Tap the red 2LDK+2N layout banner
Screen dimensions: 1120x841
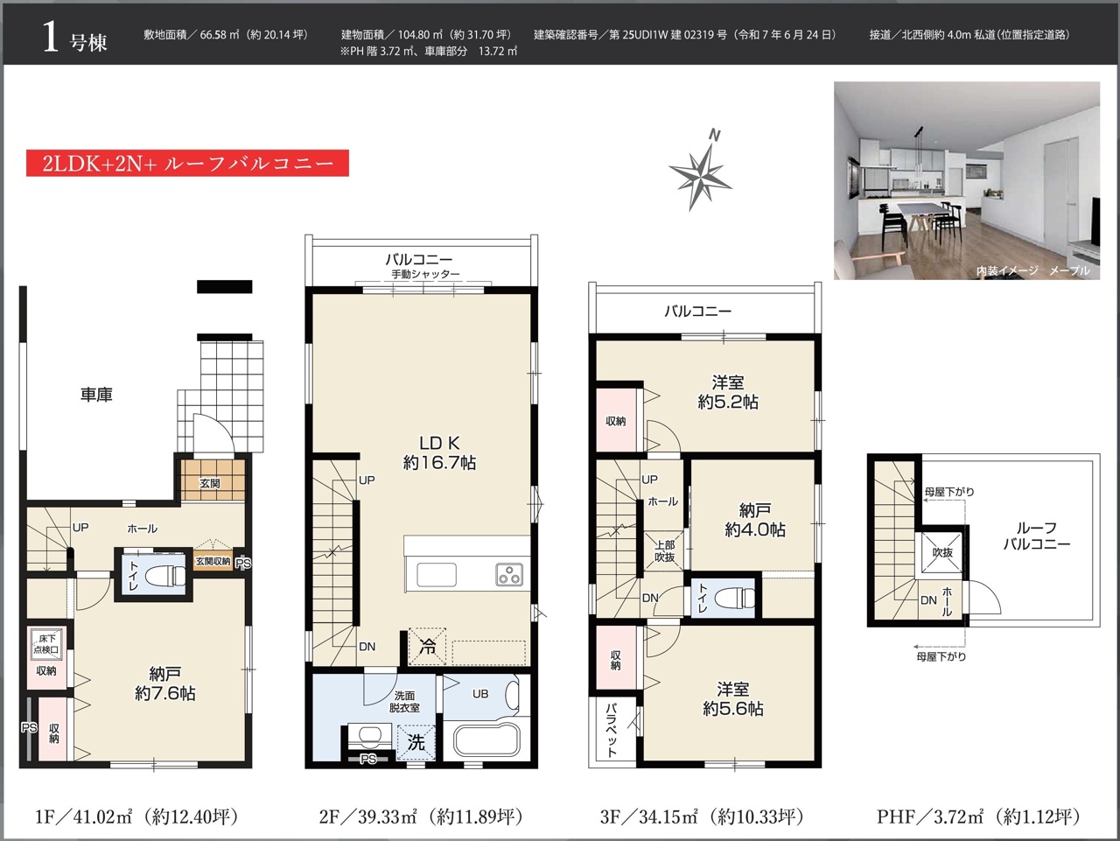(187, 164)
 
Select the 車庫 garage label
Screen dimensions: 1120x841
(96, 395)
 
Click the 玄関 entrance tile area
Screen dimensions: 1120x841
(213, 480)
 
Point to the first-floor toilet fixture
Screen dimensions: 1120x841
(165, 575)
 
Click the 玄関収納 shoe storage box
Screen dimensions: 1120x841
(213, 561)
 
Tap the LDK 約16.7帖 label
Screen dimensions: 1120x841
(439, 452)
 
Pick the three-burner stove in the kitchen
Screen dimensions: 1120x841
(509, 574)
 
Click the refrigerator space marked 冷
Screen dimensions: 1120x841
(428, 647)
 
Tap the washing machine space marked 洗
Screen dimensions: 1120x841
(416, 742)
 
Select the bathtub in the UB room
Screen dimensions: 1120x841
(486, 741)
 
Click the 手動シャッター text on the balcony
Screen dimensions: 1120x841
(425, 274)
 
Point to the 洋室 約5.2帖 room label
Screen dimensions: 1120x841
(728, 392)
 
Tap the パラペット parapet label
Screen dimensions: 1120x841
(612, 730)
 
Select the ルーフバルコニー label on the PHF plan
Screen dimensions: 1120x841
(1036, 536)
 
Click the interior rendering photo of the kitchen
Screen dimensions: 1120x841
(966, 180)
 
